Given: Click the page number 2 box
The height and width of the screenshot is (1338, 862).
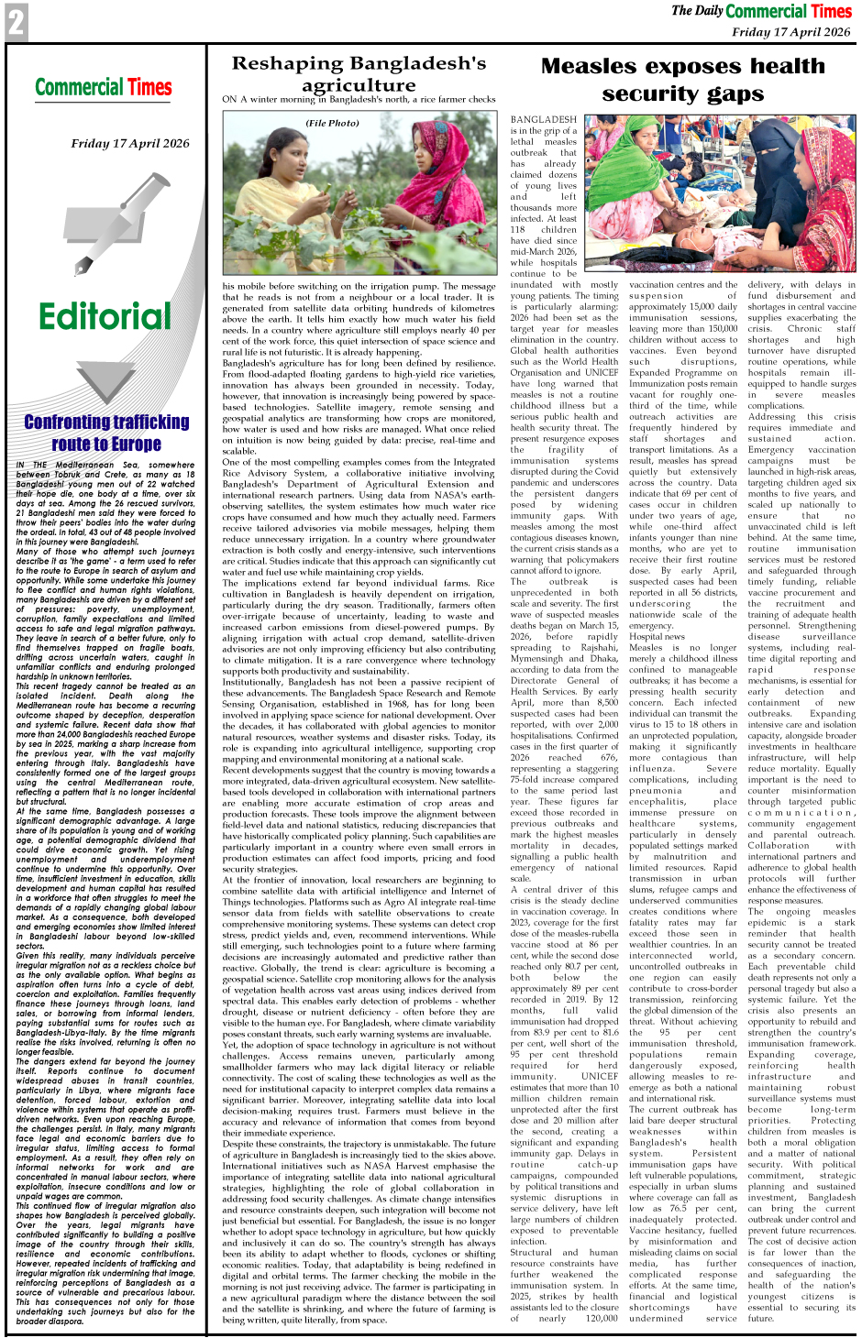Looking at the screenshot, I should pyautogui.click(x=16, y=22).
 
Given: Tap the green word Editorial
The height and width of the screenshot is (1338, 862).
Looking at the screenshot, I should pyautogui.click(x=105, y=317).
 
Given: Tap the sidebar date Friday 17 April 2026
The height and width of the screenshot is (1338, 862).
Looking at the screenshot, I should pyautogui.click(x=130, y=143).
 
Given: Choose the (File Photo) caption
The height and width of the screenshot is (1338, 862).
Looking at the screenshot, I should pyautogui.click(x=333, y=123).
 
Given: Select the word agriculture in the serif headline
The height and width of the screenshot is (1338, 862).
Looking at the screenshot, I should pyautogui.click(x=359, y=85).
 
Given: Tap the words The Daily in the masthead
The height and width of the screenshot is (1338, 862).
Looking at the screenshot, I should pyautogui.click(x=696, y=11).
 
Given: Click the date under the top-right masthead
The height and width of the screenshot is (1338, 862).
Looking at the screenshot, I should pyautogui.click(x=791, y=32).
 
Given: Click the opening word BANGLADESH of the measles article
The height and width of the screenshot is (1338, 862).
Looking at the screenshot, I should pyautogui.click(x=544, y=120).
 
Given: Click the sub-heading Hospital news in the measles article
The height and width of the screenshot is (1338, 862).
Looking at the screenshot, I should pyautogui.click(x=657, y=636).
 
